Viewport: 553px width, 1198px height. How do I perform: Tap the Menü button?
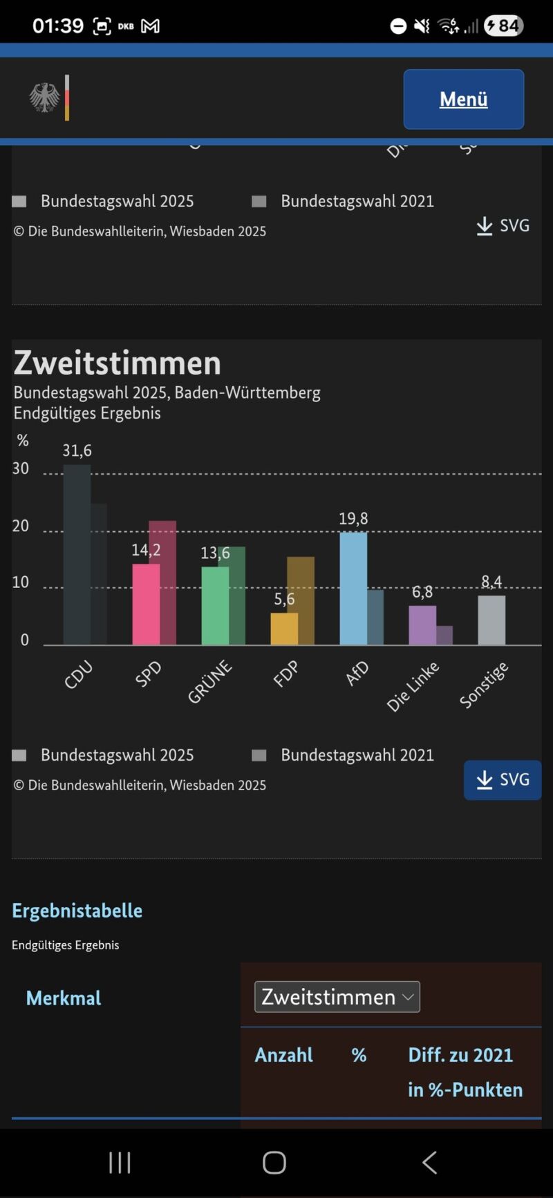pos(463,99)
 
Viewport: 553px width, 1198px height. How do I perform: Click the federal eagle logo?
pos(44,97)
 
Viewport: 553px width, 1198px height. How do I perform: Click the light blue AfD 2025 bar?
pos(353,589)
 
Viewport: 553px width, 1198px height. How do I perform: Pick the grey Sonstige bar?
pos(491,620)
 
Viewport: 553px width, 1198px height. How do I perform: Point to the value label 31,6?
pos(77,450)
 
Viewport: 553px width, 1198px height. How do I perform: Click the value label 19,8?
pos(353,518)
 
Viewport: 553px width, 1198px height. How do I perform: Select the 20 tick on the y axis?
pos(21,526)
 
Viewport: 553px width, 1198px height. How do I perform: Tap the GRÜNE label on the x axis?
pos(209,682)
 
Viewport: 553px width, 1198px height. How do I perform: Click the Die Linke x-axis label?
pos(413,686)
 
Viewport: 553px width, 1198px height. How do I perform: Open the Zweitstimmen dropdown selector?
pos(337,996)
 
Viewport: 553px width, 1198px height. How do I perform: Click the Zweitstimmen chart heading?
pos(118,363)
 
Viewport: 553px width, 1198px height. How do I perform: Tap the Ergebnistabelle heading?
pos(77,911)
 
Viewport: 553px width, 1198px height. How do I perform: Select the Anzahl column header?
pos(283,1055)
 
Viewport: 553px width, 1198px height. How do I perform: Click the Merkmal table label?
pos(64,998)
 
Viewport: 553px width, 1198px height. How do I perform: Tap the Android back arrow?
pos(429,1162)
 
